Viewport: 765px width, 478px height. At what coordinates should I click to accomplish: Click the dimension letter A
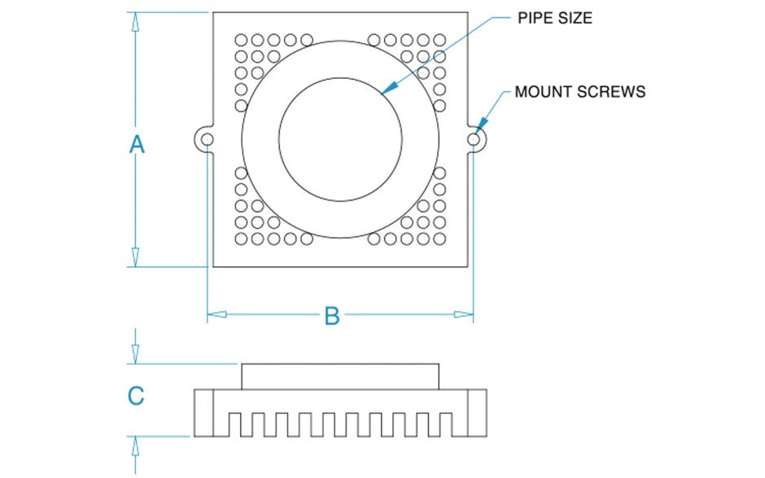[137, 145]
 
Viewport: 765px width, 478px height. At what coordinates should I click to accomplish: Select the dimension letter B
[331, 316]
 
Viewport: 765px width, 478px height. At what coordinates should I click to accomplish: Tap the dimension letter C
[137, 396]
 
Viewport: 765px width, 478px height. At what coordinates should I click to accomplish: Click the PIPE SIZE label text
[555, 18]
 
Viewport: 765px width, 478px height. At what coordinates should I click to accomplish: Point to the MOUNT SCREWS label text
[579, 91]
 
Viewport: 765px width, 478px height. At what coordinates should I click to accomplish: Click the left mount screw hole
[208, 140]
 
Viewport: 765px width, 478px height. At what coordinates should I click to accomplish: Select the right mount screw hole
[474, 140]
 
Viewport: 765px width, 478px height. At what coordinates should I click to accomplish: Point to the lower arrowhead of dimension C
[136, 445]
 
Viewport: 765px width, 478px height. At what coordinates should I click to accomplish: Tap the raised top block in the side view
[340, 376]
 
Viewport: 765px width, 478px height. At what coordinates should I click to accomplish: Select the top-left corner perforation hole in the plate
[241, 39]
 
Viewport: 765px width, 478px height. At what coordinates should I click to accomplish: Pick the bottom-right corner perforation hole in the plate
[439, 239]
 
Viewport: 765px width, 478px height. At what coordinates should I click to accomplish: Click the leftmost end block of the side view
[203, 412]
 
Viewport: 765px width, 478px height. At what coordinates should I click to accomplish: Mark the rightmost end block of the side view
[477, 412]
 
